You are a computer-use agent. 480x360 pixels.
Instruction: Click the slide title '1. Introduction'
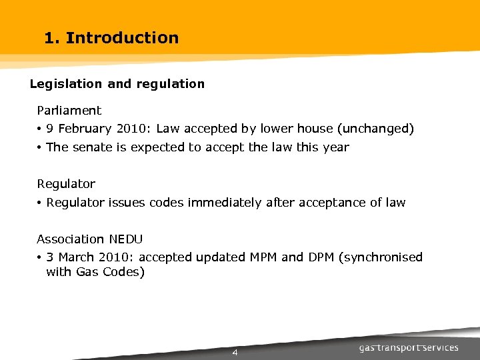tap(111, 38)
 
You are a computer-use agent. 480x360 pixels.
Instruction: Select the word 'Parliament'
tap(69, 111)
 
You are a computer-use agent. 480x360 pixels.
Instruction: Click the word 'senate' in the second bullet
tap(92, 147)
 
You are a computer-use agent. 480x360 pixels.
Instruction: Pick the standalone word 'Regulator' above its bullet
tap(66, 184)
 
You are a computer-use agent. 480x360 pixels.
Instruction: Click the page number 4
tap(235, 352)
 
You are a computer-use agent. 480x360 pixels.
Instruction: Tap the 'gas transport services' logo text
tap(409, 348)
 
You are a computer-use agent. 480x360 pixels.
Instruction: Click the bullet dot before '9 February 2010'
tap(41, 129)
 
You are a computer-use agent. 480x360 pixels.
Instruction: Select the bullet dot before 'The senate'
tap(41, 148)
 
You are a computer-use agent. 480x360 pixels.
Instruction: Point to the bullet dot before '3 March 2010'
tap(41, 258)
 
